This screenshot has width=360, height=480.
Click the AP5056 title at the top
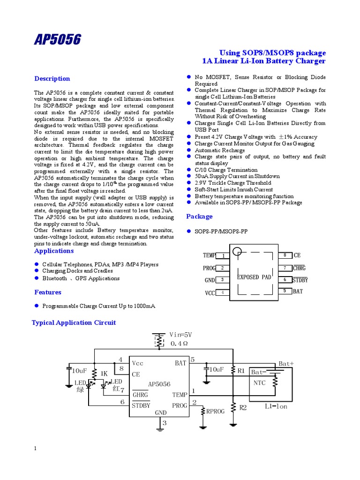(57, 40)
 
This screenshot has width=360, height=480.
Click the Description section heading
(52, 79)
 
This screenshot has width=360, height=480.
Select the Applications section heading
(54, 251)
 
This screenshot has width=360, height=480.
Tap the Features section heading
(48, 292)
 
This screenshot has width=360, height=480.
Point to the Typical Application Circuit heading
(74, 322)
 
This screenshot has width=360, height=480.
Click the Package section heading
(199, 217)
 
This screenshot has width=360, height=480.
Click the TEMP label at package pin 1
(209, 255)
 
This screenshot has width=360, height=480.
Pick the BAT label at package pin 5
(298, 291)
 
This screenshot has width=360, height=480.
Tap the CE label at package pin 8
(297, 255)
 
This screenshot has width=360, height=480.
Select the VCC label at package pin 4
(210, 293)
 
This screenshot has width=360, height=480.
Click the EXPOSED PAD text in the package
(254, 277)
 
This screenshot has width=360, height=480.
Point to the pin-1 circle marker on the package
(238, 252)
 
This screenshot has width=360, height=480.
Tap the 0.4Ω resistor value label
(179, 344)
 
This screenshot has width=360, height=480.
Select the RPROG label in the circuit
(216, 412)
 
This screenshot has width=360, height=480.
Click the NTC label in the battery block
(260, 382)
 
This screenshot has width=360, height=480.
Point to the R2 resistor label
(243, 408)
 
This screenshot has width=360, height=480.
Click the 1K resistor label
(104, 374)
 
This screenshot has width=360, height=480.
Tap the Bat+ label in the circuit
(286, 363)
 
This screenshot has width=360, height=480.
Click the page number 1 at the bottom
(35, 449)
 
